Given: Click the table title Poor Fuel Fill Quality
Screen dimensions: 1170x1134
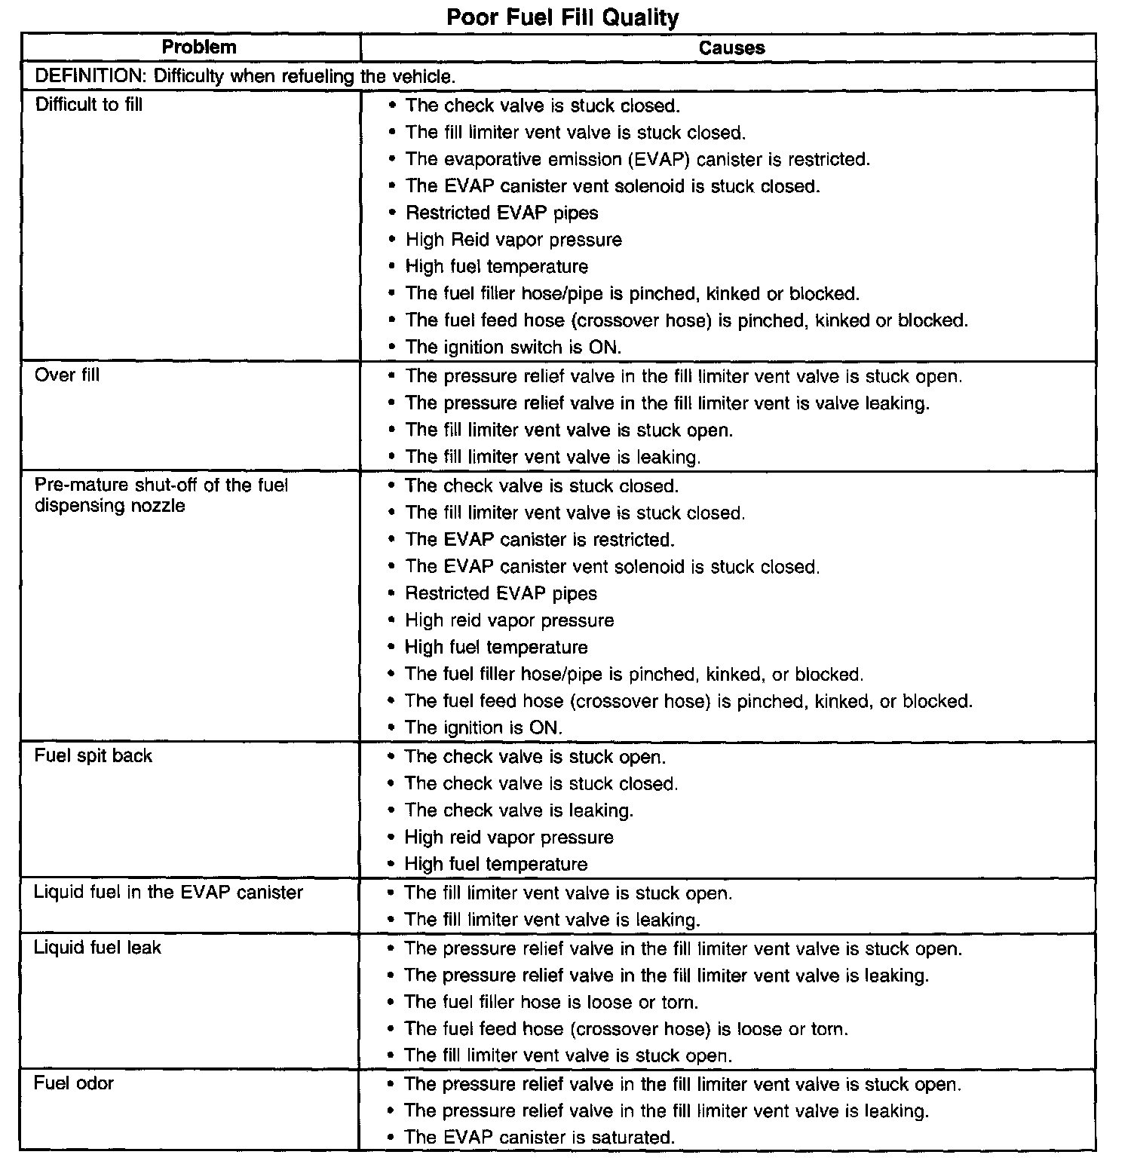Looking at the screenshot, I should tap(562, 17).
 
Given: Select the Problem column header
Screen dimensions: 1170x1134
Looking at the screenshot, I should tap(199, 47).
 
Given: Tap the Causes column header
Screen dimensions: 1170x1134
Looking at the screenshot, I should tap(731, 47).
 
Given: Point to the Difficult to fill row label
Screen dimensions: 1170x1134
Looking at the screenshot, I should tap(89, 104).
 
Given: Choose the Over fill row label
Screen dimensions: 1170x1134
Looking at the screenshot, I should tap(67, 375).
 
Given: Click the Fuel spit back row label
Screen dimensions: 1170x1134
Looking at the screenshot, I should tap(93, 755).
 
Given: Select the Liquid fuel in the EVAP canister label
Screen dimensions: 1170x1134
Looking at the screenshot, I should tap(168, 892).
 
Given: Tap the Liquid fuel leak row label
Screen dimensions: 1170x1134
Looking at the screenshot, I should tap(97, 947).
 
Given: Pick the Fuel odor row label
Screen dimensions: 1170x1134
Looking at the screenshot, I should tap(74, 1083).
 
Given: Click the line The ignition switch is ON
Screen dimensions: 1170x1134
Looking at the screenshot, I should tap(513, 348).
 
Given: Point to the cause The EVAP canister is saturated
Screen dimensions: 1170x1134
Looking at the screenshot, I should tap(539, 1137).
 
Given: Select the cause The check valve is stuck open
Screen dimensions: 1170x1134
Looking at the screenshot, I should tap(535, 757).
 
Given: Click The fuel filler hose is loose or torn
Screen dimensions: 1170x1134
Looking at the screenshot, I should tap(551, 1002).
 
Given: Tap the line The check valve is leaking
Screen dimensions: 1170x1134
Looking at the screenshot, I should tap(519, 810).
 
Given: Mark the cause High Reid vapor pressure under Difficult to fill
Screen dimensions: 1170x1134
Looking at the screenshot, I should tap(513, 240).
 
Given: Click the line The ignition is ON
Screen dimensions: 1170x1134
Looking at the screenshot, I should tap(483, 727).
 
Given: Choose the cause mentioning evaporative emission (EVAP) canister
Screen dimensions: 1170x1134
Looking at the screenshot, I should tap(637, 159).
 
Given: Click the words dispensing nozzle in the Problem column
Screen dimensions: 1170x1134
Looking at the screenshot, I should tap(110, 505).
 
